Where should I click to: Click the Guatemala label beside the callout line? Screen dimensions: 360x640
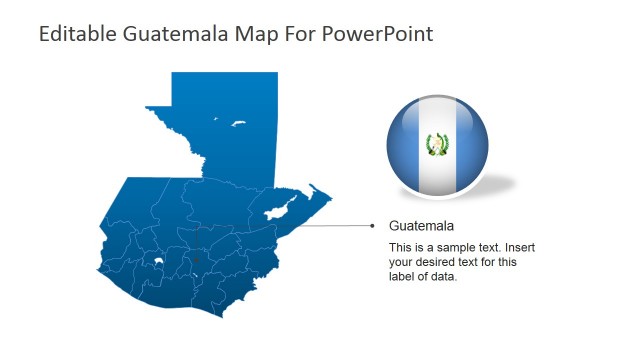421,226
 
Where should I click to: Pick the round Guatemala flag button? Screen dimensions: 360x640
437,144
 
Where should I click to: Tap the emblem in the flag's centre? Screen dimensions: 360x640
437,145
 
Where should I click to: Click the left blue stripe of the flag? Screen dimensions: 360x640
404,145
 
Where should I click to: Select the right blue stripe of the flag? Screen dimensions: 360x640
471,145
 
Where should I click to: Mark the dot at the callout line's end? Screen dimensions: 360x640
373,225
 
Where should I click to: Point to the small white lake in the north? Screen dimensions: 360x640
239,124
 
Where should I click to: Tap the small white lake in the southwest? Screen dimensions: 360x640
156,264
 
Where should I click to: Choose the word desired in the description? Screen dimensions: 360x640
436,262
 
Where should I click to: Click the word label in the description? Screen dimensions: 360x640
403,277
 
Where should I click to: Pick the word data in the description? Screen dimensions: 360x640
444,277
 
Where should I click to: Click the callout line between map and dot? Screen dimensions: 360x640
335,225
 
